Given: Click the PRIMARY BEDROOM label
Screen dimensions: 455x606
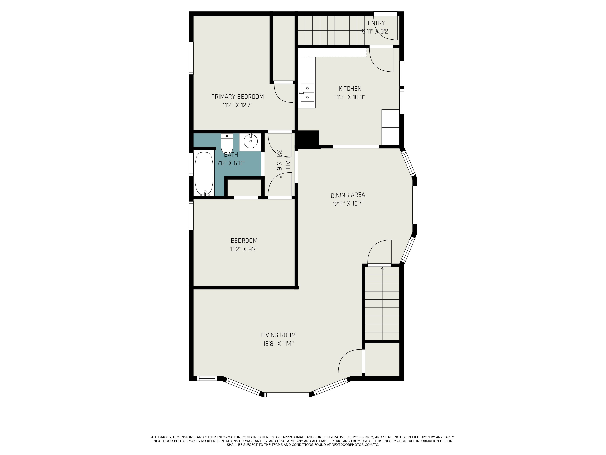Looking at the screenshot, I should tap(237, 97).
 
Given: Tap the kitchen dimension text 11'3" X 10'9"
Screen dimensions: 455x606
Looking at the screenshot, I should tap(350, 97).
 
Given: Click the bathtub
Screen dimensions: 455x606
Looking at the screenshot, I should tap(204, 174).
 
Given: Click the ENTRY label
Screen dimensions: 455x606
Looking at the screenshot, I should tap(376, 23).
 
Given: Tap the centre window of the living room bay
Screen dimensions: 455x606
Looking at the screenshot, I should tap(287, 395).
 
